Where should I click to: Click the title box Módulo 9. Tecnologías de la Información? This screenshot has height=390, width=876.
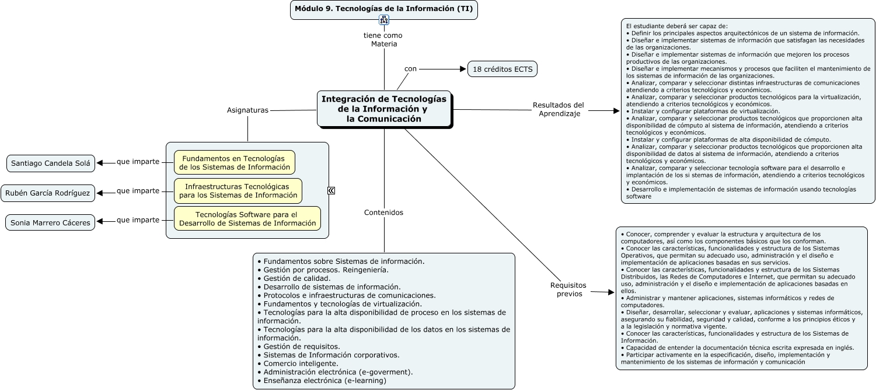click(383, 9)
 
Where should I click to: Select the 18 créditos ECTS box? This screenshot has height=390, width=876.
click(502, 69)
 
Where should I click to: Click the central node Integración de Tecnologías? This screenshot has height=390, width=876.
click(384, 109)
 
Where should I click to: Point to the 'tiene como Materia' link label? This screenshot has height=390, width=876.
click(383, 40)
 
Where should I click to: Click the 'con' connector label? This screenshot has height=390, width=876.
click(411, 69)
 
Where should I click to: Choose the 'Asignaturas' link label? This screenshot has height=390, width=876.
click(247, 110)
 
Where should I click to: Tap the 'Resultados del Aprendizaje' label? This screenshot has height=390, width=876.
click(559, 109)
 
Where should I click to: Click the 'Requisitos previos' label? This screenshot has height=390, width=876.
click(568, 290)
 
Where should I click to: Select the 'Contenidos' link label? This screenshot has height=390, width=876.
click(383, 213)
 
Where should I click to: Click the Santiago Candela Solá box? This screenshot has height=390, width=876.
click(51, 163)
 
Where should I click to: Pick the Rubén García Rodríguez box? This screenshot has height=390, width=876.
click(48, 193)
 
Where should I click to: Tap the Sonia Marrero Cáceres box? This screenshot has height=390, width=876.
click(50, 222)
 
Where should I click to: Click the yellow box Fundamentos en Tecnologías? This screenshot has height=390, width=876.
click(235, 162)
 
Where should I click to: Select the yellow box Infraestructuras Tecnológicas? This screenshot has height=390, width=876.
click(238, 190)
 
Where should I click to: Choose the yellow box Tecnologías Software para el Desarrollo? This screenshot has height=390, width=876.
click(247, 218)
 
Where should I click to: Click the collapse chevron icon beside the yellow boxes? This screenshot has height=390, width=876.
click(331, 190)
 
